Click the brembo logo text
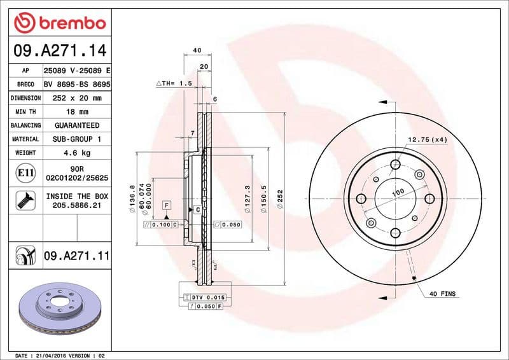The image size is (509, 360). click(68, 24)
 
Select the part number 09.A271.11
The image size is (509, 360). click(77, 256)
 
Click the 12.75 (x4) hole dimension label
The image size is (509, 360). click(428, 140)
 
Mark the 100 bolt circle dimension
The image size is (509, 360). click(398, 191)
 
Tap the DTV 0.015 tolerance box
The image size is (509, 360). click(208, 297)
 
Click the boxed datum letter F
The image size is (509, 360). click(167, 205)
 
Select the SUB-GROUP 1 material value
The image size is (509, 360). click(76, 139)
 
